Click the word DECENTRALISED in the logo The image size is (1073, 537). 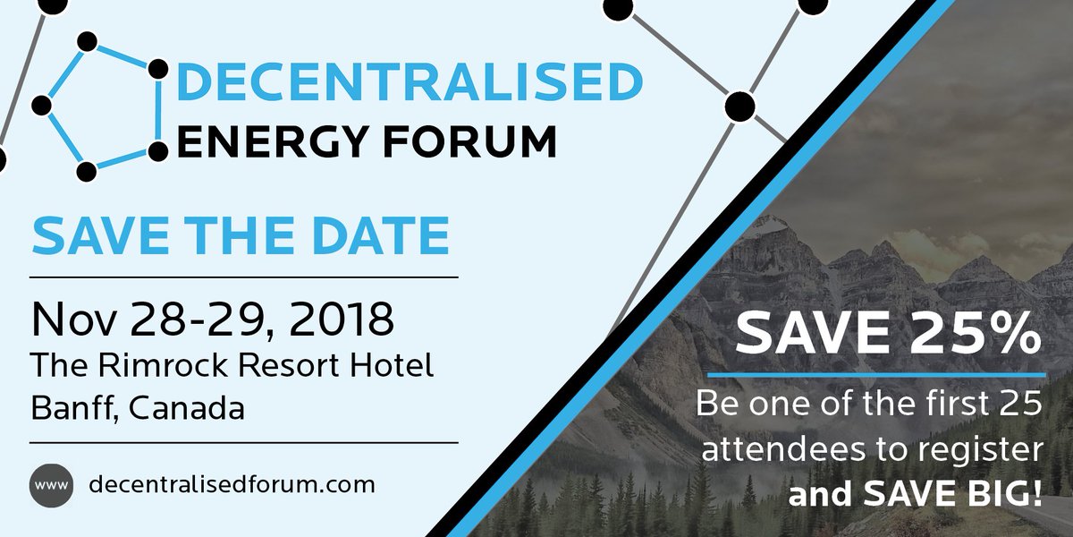(x=410, y=81)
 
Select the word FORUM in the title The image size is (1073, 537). (x=476, y=142)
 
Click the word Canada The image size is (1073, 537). (x=185, y=409)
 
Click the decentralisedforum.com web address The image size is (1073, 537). (x=232, y=485)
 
